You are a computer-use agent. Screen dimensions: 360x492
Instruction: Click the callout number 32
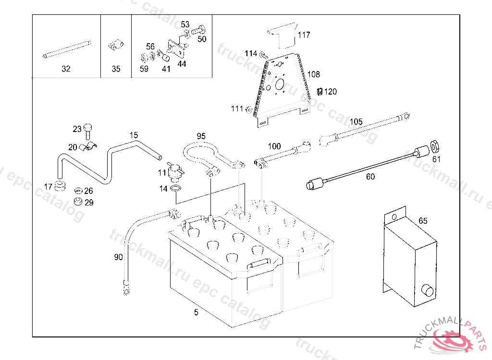(66, 69)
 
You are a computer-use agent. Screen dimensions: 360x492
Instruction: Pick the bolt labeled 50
(199, 31)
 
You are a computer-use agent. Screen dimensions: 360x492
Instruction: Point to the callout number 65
(423, 221)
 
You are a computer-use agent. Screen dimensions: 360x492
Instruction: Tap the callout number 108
(313, 75)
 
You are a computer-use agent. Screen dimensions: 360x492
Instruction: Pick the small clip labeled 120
(320, 91)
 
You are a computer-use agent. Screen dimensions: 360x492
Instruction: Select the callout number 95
(201, 136)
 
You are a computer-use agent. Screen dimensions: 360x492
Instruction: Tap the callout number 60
(370, 177)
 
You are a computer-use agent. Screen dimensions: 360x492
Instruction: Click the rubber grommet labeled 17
(60, 186)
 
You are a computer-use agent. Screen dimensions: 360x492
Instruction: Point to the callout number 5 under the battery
(196, 312)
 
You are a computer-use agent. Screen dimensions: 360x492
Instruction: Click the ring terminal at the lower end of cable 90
(126, 290)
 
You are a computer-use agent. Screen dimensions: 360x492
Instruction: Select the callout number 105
(356, 121)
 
